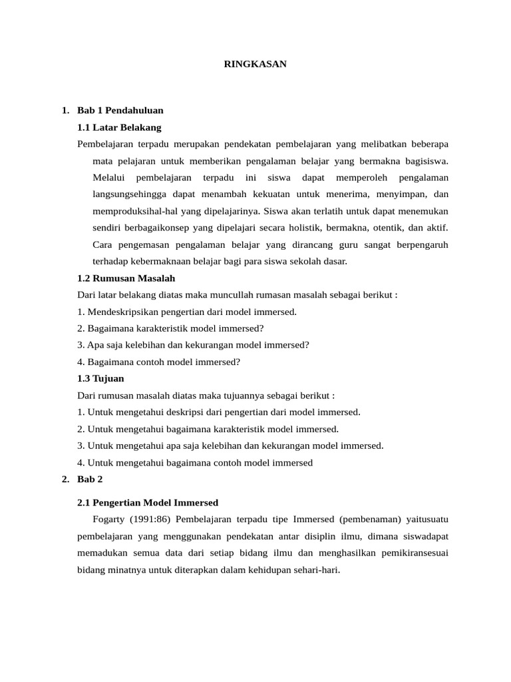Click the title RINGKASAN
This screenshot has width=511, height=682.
[x=255, y=65]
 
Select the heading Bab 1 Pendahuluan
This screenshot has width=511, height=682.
[x=120, y=110]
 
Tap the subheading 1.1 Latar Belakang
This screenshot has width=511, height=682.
[x=119, y=127]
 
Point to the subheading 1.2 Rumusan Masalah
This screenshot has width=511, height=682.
[x=126, y=278]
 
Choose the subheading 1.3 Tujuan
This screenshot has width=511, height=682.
[x=100, y=378]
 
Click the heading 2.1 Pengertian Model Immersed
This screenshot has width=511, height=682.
[x=148, y=502]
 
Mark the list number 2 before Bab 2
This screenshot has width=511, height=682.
[x=65, y=479]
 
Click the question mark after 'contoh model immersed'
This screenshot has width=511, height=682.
[x=238, y=362]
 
